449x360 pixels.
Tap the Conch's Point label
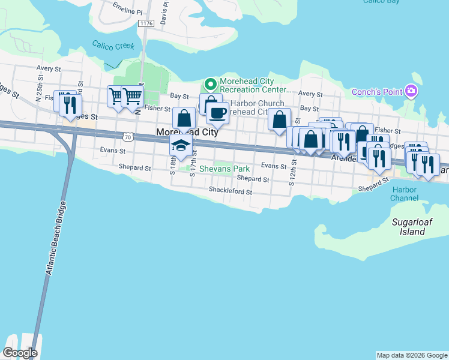point(377,92)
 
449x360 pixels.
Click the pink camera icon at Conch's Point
point(411,91)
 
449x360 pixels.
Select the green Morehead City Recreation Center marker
point(210,83)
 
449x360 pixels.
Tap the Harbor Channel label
point(404,194)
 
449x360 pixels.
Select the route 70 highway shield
point(127,137)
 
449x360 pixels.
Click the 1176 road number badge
point(145,23)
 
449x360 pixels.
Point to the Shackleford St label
point(231,191)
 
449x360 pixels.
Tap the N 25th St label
point(39,89)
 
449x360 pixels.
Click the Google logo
point(20,353)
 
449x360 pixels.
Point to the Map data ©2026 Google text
point(411,355)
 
